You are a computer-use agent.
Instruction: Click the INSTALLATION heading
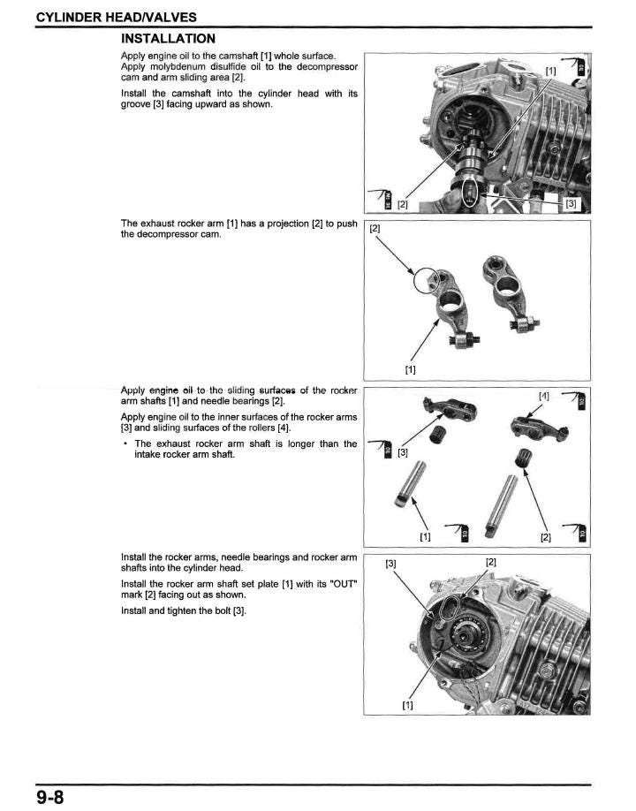pyautogui.click(x=167, y=39)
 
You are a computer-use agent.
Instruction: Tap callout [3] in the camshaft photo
pyautogui.click(x=571, y=204)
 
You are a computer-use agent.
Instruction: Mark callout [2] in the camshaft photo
pyautogui.click(x=402, y=204)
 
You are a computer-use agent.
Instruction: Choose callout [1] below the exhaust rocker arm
pyautogui.click(x=410, y=369)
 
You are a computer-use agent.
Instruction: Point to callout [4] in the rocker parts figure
pyautogui.click(x=544, y=396)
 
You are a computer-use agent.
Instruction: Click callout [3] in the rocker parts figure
pyautogui.click(x=403, y=453)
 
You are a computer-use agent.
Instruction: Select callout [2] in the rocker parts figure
pyautogui.click(x=546, y=535)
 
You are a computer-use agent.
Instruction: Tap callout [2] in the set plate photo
pyautogui.click(x=491, y=562)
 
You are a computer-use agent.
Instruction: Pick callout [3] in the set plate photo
pyautogui.click(x=390, y=563)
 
